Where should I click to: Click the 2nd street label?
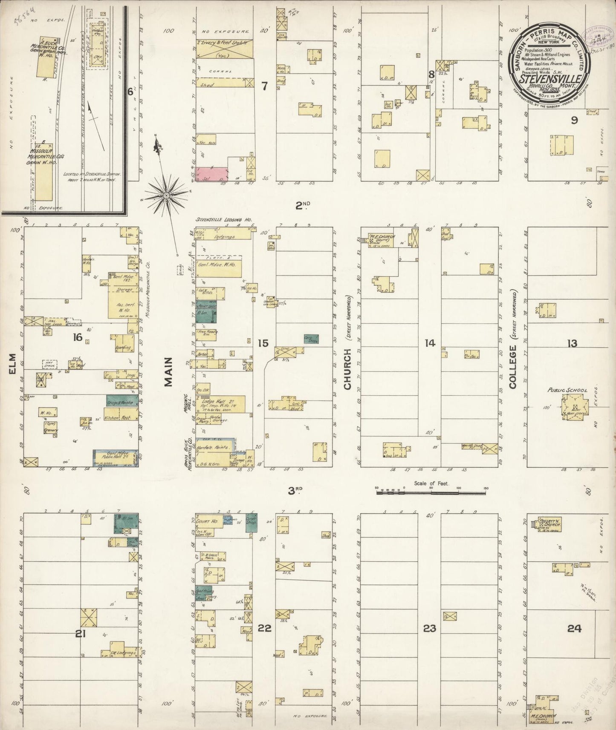point(303,206)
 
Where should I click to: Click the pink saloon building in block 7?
point(212,174)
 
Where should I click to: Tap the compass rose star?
point(166,195)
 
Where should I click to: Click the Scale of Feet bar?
point(431,492)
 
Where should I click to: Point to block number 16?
point(77,337)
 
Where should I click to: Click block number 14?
point(430,342)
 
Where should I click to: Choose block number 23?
point(429,628)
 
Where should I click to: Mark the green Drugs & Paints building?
point(121,401)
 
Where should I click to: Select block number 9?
point(574,120)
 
